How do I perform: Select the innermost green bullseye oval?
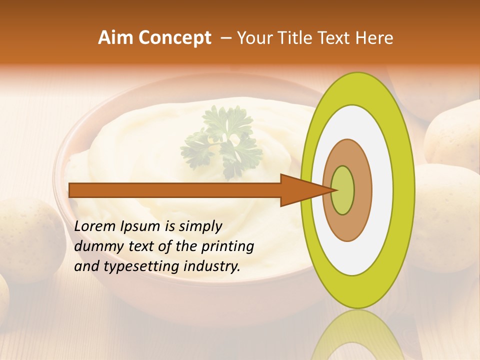[343, 190]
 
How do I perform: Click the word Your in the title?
[253, 38]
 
